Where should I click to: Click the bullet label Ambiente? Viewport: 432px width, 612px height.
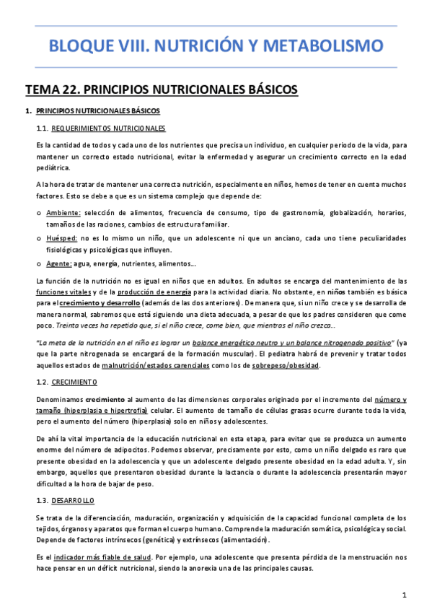coord(63,213)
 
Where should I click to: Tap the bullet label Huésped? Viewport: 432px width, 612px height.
coord(62,237)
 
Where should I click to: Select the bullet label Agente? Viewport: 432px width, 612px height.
coord(58,263)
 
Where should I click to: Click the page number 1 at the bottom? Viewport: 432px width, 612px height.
coord(405,595)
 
